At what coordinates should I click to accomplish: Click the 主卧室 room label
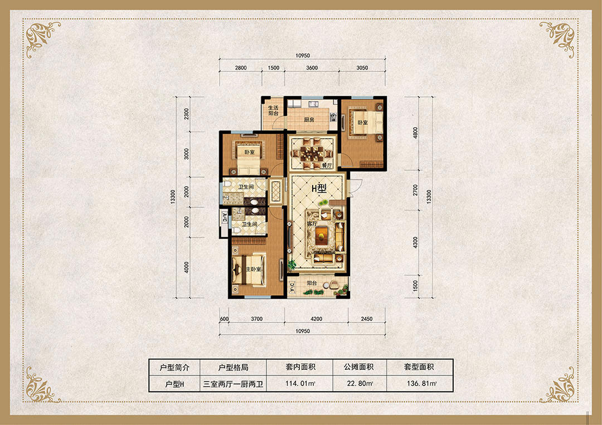coord(254,269)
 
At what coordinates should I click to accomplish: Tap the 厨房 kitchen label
coord(309,120)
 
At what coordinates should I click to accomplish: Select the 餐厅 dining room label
coord(327,165)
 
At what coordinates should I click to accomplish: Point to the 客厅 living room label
coord(312,223)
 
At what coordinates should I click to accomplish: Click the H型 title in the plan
coord(319,188)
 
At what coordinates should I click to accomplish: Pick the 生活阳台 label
coord(273,110)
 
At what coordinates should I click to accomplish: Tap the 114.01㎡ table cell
coord(300,383)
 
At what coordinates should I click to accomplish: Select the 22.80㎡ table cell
coord(359,383)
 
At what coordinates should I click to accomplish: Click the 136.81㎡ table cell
coord(421,383)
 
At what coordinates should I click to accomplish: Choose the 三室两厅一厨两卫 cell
coord(234,384)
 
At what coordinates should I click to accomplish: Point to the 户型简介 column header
coord(174,367)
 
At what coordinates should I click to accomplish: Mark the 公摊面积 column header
coord(359,367)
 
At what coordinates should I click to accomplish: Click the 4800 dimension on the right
coord(415,133)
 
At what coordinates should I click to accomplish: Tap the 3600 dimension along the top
coord(312,68)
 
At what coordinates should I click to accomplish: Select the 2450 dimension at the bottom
coord(367,319)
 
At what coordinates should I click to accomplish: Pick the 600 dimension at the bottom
coord(224,319)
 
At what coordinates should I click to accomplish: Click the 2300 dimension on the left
coord(187,114)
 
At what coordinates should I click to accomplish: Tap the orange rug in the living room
coord(322,235)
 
